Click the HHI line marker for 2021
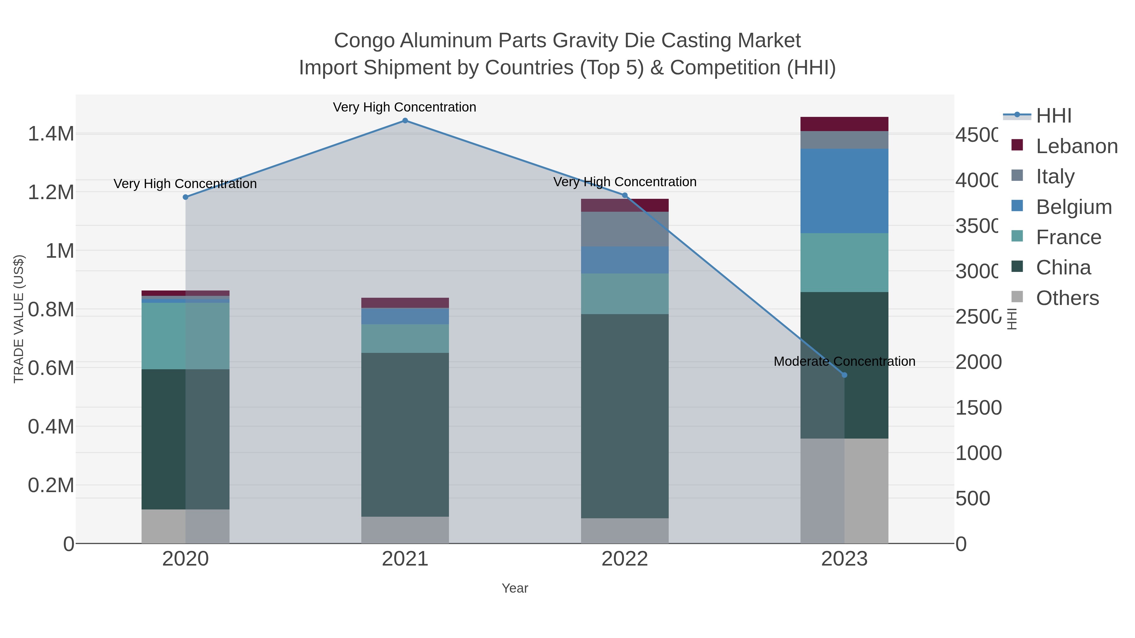coord(405,121)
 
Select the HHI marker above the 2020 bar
coord(185,197)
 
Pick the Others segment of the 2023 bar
coord(844,491)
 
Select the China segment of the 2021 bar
coord(405,434)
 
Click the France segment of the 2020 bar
coord(185,336)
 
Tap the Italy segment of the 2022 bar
coord(624,229)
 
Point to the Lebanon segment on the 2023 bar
coord(844,124)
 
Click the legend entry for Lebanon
coord(1076,146)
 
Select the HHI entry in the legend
coord(1053,116)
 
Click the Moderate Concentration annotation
coord(844,361)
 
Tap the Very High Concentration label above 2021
coord(405,107)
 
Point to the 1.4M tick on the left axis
coord(51,134)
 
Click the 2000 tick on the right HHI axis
coord(978,362)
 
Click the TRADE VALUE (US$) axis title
coord(19,319)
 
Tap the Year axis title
coord(515,588)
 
